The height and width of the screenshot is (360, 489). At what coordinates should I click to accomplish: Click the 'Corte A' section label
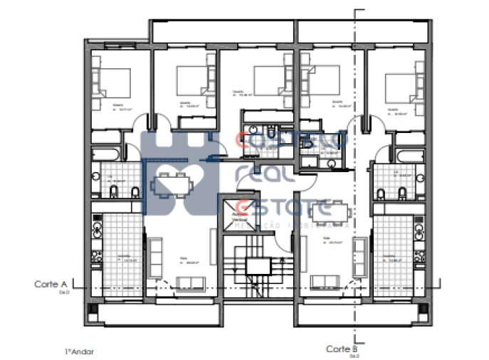pyautogui.click(x=50, y=284)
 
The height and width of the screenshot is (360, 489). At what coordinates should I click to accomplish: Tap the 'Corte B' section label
pyautogui.click(x=341, y=349)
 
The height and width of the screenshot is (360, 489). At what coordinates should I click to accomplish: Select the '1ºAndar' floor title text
pyautogui.click(x=79, y=351)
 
